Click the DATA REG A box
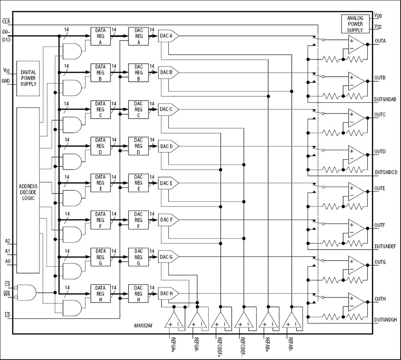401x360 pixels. coord(100,36)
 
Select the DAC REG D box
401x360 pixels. coord(138,146)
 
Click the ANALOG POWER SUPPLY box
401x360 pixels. coord(355,24)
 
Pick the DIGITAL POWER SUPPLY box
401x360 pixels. coord(28,78)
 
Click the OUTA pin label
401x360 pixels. coord(380,41)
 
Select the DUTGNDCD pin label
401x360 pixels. coord(386,172)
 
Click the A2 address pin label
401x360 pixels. coord(7,241)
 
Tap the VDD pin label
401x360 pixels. coord(378,15)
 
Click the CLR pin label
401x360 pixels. coord(6,21)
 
